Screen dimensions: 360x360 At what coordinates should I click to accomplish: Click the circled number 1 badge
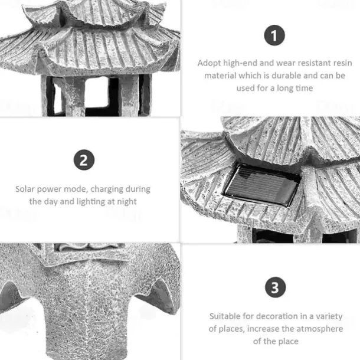[x=274, y=35]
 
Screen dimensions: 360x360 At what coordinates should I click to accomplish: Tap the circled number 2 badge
[x=84, y=160]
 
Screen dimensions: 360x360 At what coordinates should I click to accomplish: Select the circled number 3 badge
[x=275, y=287]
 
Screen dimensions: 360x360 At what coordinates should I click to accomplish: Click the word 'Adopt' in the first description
[x=209, y=63]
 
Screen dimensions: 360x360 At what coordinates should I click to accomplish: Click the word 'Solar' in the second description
[x=25, y=189]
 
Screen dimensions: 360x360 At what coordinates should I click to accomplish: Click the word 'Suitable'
[x=225, y=316]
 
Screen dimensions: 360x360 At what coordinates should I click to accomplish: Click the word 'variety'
[x=329, y=316]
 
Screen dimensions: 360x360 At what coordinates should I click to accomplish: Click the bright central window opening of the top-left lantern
[x=96, y=92]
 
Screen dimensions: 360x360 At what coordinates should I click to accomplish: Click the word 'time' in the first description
[x=304, y=88]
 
